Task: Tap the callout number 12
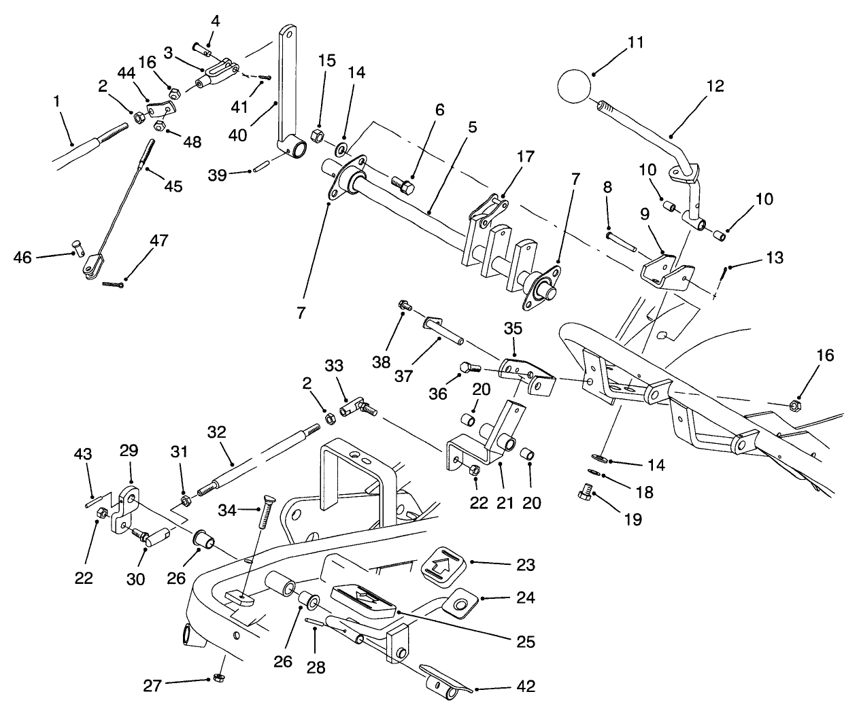pyautogui.click(x=715, y=86)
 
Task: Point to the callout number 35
pyautogui.click(x=513, y=328)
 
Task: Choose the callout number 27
pyautogui.click(x=152, y=685)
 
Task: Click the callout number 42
pyautogui.click(x=526, y=687)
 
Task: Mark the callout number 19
pyautogui.click(x=633, y=520)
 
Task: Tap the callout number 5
pyautogui.click(x=472, y=127)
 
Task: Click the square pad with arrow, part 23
pyautogui.click(x=441, y=563)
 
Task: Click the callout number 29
pyautogui.click(x=129, y=450)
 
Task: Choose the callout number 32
pyautogui.click(x=216, y=432)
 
